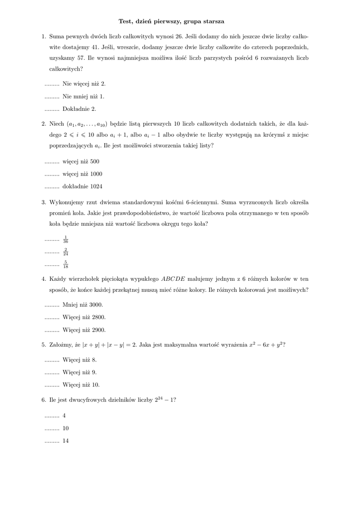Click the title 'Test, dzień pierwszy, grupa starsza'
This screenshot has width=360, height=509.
click(x=171, y=21)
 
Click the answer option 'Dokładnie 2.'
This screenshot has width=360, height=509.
click(x=79, y=108)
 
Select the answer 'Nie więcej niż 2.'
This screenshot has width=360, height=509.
click(x=84, y=84)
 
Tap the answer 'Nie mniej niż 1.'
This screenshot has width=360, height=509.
click(x=83, y=96)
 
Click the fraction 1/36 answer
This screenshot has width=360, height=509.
click(x=66, y=240)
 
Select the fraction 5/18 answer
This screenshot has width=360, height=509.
click(x=66, y=264)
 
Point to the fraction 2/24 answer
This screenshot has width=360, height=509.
click(x=66, y=252)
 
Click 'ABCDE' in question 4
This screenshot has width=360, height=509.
click(x=174, y=279)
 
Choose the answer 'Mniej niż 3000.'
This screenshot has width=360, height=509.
click(x=83, y=305)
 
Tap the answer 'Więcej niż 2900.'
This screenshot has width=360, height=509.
click(x=84, y=330)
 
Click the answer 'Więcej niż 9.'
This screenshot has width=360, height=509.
click(x=80, y=372)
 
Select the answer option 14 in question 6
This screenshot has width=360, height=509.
click(x=66, y=440)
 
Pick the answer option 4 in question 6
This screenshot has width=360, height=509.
click(x=64, y=416)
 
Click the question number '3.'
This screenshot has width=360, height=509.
click(x=44, y=202)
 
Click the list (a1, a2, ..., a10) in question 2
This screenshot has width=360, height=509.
click(x=88, y=123)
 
